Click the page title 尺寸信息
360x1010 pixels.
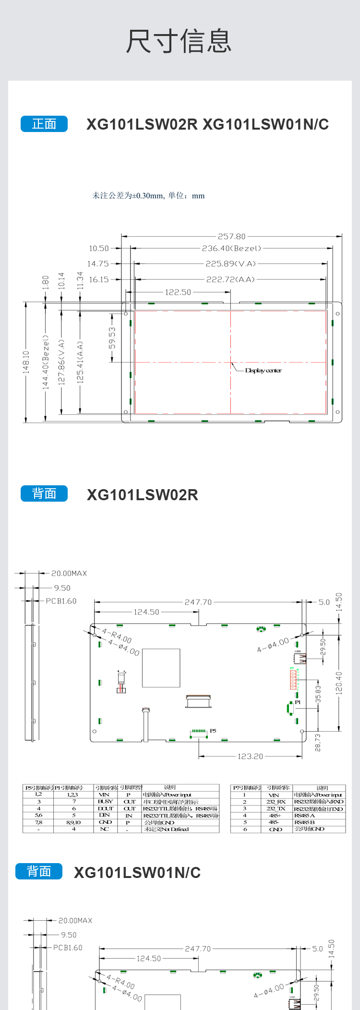[179, 41]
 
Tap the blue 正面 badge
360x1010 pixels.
[44, 124]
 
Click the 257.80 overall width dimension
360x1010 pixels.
[231, 236]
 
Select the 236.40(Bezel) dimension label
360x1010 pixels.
[231, 248]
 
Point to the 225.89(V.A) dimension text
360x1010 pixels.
[230, 264]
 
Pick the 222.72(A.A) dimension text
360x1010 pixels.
[230, 279]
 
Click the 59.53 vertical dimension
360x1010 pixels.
[112, 338]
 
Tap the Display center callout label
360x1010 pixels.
[263, 371]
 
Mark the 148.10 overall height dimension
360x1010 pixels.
[26, 362]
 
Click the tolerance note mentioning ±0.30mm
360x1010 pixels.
[148, 195]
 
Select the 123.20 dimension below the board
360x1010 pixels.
[250, 757]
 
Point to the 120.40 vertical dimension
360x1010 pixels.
[339, 683]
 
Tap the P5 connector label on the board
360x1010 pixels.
[213, 731]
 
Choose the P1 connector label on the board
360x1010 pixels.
[298, 702]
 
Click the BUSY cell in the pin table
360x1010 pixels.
[105, 802]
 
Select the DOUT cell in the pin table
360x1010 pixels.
[105, 808]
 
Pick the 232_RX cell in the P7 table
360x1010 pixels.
[275, 802]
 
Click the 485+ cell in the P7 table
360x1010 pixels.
[275, 816]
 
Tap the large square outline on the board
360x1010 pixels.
[161, 668]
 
